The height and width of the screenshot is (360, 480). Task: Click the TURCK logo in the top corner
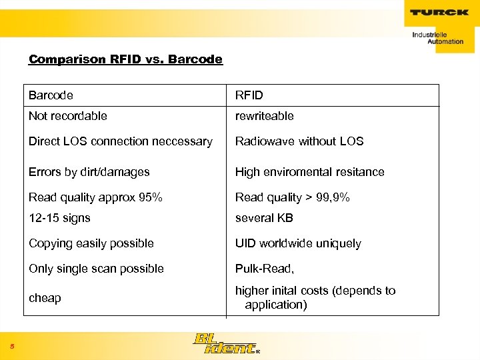[x=439, y=12]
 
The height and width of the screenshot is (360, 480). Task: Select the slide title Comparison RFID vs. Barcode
[x=125, y=59]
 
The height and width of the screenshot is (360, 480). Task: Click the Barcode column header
[x=51, y=95]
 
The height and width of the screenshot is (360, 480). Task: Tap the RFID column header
[x=249, y=95]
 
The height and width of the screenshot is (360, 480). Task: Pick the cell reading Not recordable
[x=67, y=116]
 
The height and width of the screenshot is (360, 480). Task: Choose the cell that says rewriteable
[x=264, y=116]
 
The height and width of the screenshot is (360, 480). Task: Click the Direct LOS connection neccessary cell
[x=120, y=141]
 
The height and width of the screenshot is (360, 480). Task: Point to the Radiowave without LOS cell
[x=299, y=141]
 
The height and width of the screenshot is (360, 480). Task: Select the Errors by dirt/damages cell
[x=89, y=172]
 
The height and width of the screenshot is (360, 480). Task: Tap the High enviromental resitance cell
[x=309, y=172]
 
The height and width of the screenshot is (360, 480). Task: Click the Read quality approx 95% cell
[x=95, y=197]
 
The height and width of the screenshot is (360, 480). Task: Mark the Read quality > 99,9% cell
[x=292, y=197]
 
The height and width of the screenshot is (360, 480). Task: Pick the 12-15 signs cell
[x=59, y=218]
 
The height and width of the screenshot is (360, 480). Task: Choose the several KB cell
[x=264, y=218]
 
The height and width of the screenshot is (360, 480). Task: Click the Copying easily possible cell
[x=91, y=243]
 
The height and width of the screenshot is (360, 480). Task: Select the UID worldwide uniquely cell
[x=298, y=243]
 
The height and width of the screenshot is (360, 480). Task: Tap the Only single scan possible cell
[x=96, y=269]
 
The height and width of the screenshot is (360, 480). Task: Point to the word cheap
[x=45, y=298]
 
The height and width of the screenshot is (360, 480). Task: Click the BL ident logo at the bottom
[x=225, y=343]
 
